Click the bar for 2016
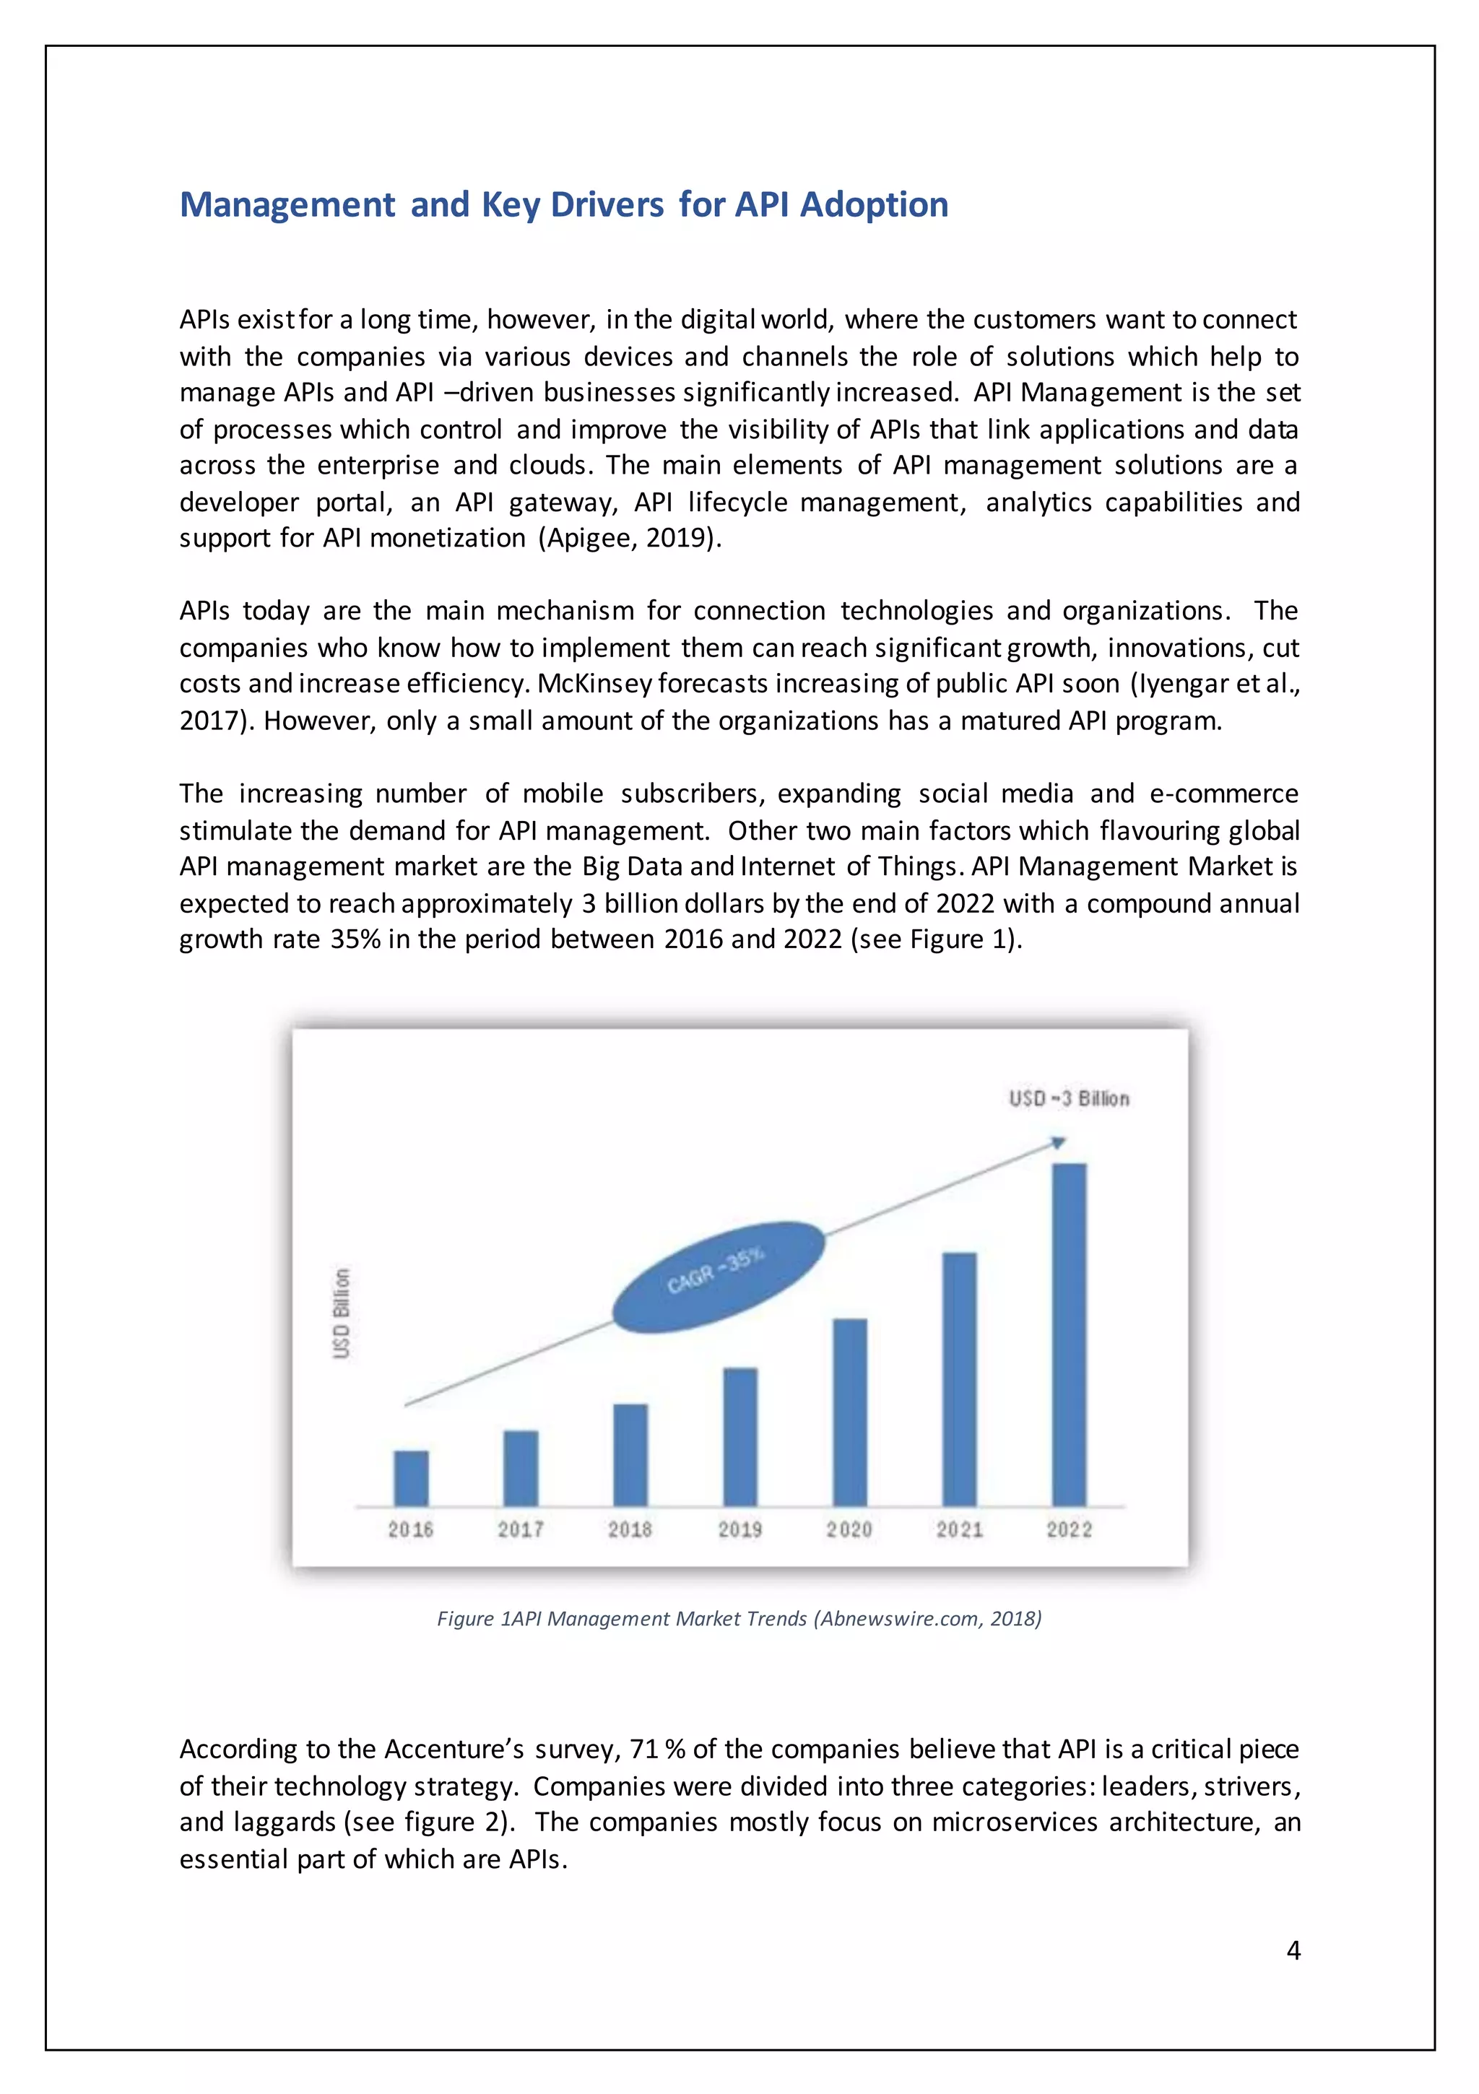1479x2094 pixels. point(411,1477)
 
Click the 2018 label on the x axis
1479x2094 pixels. point(630,1529)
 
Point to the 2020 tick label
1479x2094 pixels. point(849,1529)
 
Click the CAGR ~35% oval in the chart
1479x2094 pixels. point(717,1276)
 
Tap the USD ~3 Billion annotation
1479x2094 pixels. point(1068,1098)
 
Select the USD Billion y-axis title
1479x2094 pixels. point(342,1313)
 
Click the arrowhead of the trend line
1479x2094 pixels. point(1059,1142)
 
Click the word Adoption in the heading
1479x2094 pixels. point(874,204)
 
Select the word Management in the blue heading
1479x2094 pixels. point(287,204)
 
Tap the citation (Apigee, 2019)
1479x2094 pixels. point(630,538)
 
